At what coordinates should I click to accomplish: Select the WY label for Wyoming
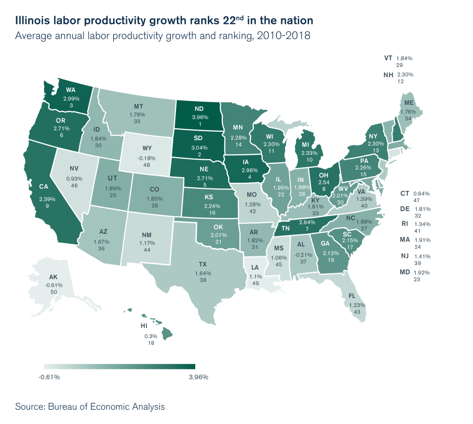(x=147, y=148)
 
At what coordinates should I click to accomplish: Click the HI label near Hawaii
(x=144, y=326)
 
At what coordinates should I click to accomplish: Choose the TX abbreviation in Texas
(x=202, y=265)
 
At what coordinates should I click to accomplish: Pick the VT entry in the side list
(x=388, y=58)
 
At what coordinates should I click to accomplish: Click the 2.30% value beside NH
(x=405, y=74)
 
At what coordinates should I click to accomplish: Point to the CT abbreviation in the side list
(x=405, y=193)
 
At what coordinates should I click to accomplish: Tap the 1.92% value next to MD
(x=422, y=273)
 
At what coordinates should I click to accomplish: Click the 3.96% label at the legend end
(x=199, y=377)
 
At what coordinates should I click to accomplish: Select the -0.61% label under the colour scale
(x=49, y=377)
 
